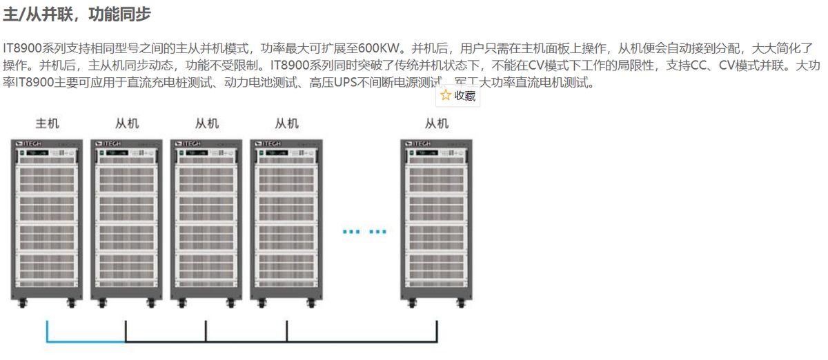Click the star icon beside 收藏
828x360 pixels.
pos(446,96)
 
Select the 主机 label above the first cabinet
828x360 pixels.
pos(47,124)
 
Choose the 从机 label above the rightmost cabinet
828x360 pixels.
pos(437,124)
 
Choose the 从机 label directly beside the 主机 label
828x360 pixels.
pos(127,124)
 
